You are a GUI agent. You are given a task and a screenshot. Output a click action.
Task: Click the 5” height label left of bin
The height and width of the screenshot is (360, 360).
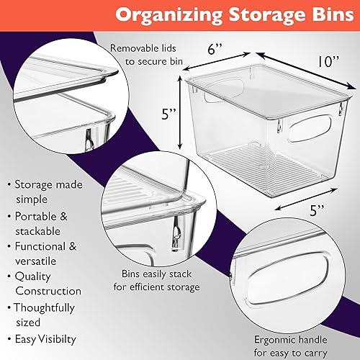(x=168, y=114)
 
